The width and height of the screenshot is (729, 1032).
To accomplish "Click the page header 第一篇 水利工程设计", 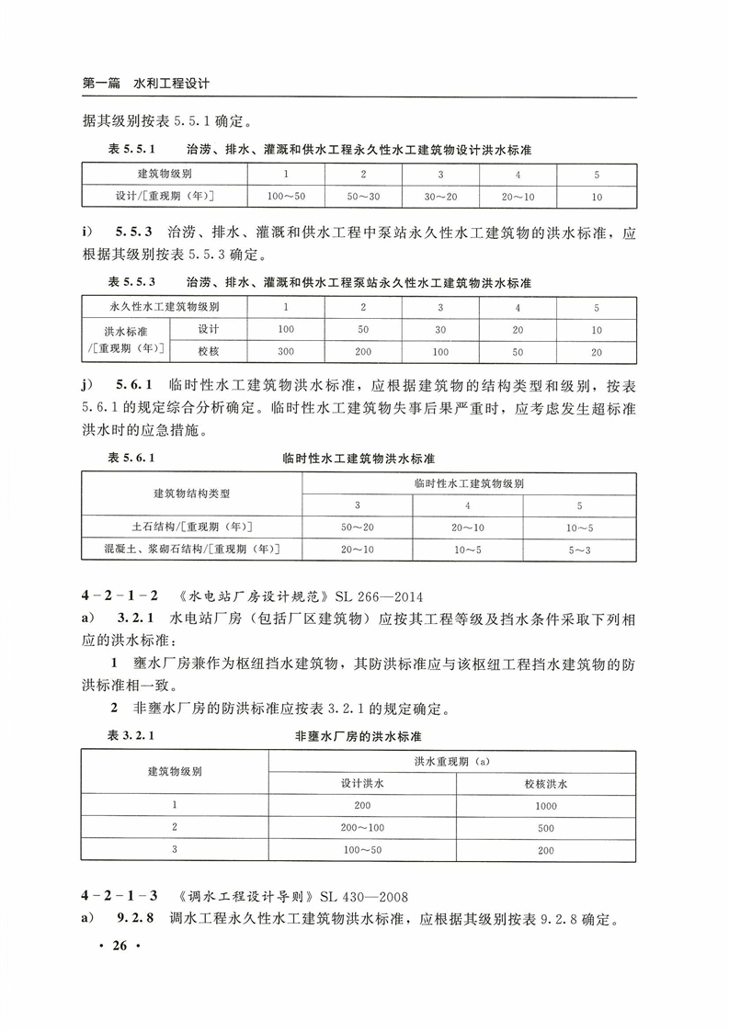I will coord(146,83).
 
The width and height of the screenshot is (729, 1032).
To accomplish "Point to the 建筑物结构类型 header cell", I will coord(192,493).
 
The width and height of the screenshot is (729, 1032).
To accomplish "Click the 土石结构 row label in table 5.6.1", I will coord(192,527).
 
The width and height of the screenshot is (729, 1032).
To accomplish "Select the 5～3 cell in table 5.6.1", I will coord(579,550).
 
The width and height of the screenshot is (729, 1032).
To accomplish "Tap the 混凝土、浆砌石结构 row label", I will coord(192,550).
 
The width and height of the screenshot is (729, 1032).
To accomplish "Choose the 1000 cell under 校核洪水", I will coord(545,806).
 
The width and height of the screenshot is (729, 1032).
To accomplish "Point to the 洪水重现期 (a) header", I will coord(452,762).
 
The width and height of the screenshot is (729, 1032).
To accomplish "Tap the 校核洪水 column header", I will coord(545,784).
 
